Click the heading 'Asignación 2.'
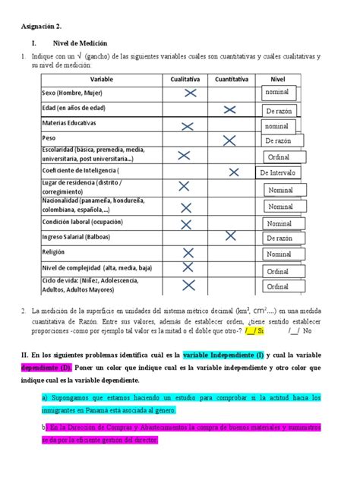(43, 25)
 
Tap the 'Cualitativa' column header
(185, 79)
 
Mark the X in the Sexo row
(190, 93)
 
